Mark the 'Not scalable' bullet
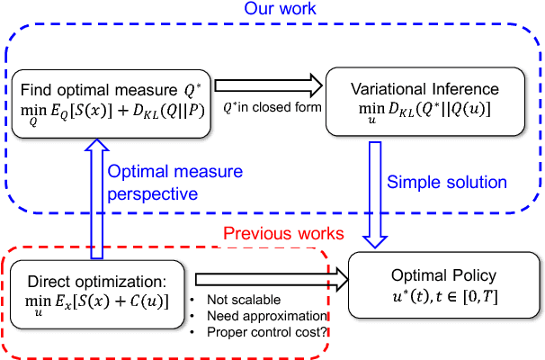pyautogui.click(x=242, y=300)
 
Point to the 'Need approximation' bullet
pyautogui.click(x=264, y=316)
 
